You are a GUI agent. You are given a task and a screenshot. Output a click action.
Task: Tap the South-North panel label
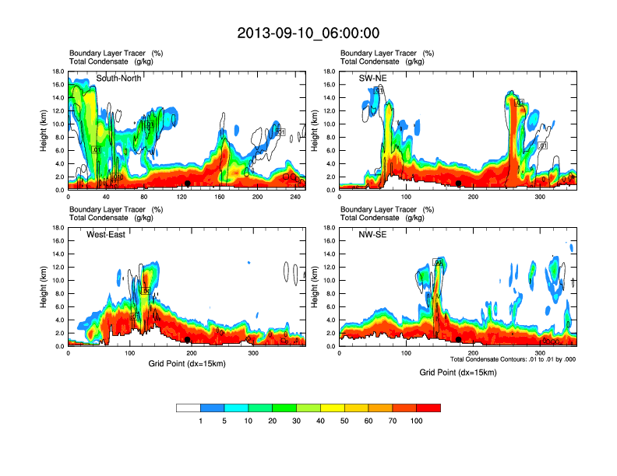coord(119,79)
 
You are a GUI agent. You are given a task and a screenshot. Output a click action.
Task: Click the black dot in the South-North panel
coord(188,184)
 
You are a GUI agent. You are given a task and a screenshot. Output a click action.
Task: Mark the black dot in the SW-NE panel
coord(459,184)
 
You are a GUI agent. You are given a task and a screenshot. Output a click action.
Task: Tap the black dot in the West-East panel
coord(188,340)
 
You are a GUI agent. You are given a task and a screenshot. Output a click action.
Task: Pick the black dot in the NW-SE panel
coord(459,340)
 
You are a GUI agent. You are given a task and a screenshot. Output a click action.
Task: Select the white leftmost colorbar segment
coord(189,408)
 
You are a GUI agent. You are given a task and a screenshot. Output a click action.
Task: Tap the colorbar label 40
coord(320,421)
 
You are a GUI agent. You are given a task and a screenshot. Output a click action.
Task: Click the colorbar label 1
coord(200,421)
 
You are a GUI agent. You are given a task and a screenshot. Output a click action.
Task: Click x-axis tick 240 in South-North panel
coord(295,198)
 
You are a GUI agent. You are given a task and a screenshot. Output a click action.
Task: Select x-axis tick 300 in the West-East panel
coord(253,354)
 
